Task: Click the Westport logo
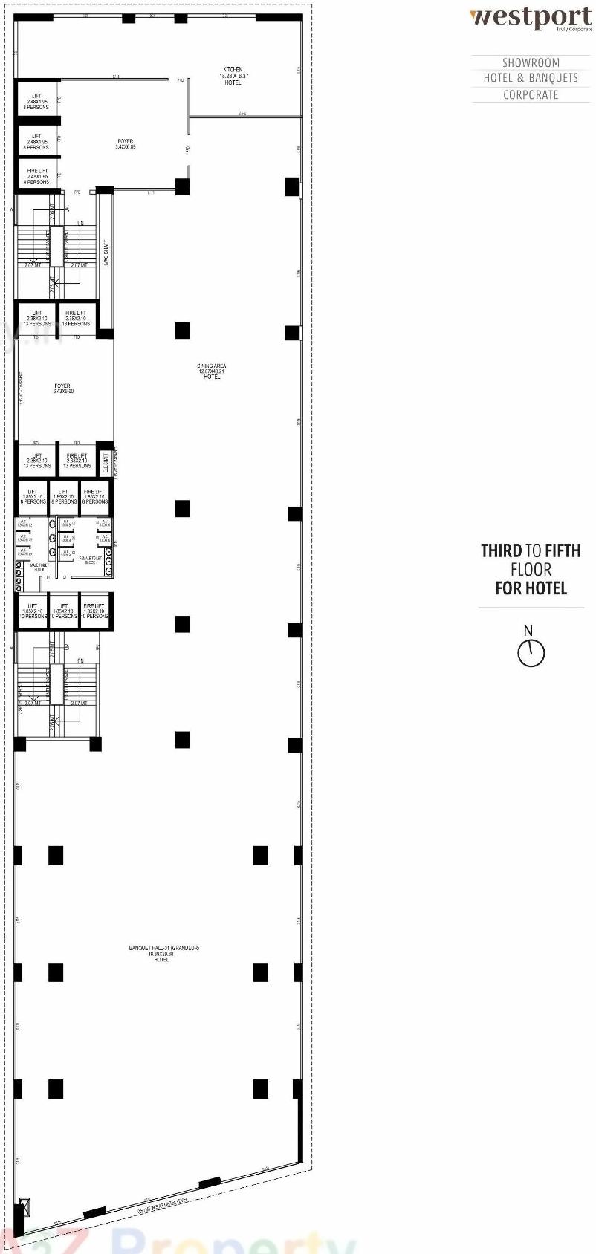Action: tap(531, 19)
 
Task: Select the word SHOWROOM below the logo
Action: tap(531, 62)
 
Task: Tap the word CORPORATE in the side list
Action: tap(531, 94)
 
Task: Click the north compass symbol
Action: tap(531, 652)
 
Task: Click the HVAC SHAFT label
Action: tap(107, 253)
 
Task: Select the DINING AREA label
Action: tap(212, 371)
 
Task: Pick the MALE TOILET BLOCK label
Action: tap(39, 568)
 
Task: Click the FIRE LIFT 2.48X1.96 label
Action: tap(37, 176)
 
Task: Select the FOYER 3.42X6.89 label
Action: tap(126, 143)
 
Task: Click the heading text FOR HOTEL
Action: tap(531, 588)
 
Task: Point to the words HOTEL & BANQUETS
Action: tap(531, 78)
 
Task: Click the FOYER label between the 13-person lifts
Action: tap(62, 389)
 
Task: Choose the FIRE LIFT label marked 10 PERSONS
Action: tap(95, 611)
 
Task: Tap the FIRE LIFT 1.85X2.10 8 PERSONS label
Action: tap(95, 496)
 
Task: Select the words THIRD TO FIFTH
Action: tap(531, 550)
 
